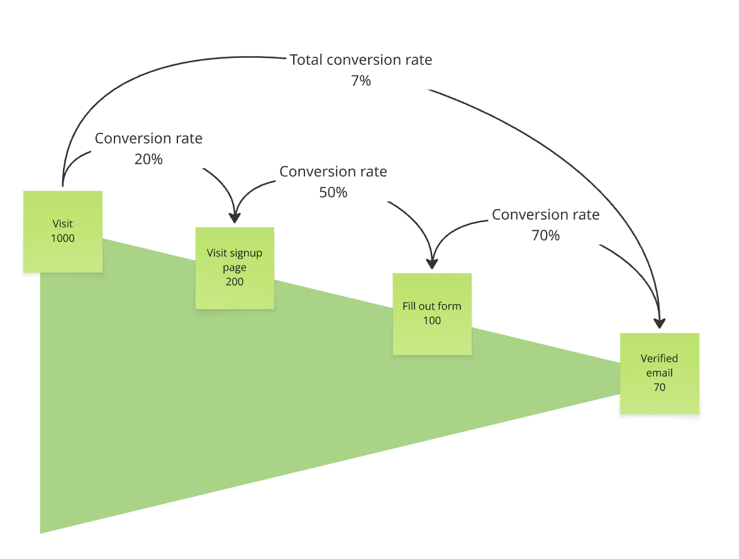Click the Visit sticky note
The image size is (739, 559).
click(x=63, y=231)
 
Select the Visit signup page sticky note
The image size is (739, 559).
click(x=235, y=268)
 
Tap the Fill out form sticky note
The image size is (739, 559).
click(x=431, y=313)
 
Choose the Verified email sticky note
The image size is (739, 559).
click(x=659, y=373)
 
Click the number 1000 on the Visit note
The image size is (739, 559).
click(x=63, y=238)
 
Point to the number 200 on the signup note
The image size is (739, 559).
click(x=235, y=281)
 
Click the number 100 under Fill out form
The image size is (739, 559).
click(x=431, y=320)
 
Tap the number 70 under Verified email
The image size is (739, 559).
click(x=659, y=387)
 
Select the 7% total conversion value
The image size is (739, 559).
click(x=361, y=81)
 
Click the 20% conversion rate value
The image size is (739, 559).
click(x=148, y=159)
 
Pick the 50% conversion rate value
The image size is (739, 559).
click(x=333, y=193)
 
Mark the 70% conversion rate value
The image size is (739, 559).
click(x=545, y=235)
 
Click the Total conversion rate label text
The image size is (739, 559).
click(x=361, y=60)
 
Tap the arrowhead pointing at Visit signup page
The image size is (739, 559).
click(x=235, y=218)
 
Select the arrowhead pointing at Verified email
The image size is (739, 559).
click(x=659, y=323)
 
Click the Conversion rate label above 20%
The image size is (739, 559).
click(x=148, y=138)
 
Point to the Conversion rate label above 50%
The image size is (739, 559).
click(x=333, y=171)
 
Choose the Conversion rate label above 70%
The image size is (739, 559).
click(x=545, y=215)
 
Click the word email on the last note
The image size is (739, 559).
click(x=659, y=373)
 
